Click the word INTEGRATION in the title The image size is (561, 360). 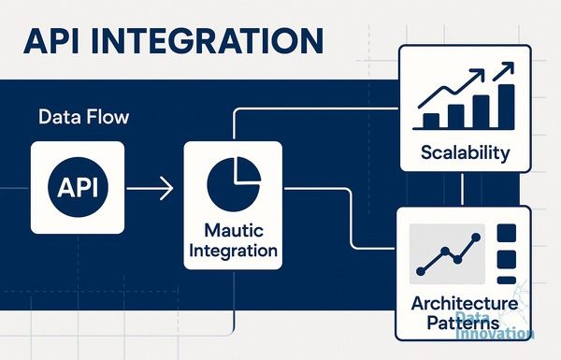208,41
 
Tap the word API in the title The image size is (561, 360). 51,41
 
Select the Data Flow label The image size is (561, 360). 84,117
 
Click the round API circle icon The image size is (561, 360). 78,187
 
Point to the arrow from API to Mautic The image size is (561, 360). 150,188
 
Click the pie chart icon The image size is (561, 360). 234,184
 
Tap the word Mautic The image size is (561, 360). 234,230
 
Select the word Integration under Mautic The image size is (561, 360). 233,251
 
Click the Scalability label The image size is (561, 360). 465,153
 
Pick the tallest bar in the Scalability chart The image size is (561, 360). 506,107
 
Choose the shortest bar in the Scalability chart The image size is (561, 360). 431,121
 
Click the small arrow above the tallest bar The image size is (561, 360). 503,71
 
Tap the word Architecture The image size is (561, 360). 465,304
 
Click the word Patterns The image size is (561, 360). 463,323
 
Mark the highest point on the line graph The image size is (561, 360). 476,237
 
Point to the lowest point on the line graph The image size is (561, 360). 421,271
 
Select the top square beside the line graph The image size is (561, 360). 507,233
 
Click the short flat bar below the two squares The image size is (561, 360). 507,281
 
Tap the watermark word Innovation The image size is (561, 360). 496,333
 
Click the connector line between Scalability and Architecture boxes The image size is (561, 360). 462,189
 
